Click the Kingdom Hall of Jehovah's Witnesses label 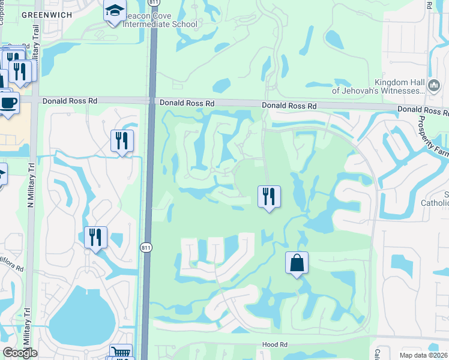point(399,86)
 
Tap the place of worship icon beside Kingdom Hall point(434,86)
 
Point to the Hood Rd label point(276,345)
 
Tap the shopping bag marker point(297,263)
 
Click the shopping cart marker point(121,353)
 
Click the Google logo point(20,352)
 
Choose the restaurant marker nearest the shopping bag point(269,197)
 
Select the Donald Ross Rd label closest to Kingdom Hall point(289,106)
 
